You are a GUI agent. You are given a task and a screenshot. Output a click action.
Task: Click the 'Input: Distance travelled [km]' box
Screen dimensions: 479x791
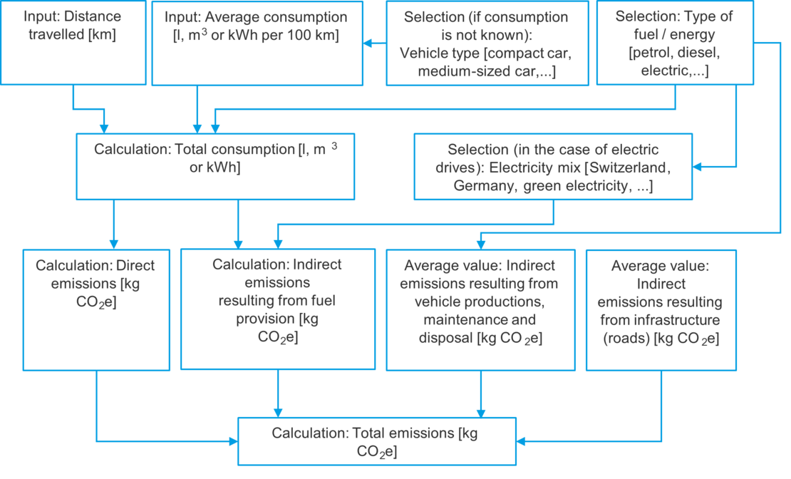click(x=73, y=43)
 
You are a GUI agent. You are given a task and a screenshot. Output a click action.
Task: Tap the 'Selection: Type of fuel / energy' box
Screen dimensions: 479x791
click(x=674, y=43)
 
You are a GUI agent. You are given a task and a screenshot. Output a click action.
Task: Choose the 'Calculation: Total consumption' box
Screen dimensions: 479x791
click(x=215, y=166)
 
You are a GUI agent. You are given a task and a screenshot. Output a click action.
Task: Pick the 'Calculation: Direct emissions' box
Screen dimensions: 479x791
click(x=96, y=309)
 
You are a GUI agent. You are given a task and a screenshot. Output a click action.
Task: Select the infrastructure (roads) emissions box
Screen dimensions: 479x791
click(x=661, y=309)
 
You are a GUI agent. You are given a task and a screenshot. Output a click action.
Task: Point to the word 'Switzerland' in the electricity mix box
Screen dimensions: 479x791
click(x=634, y=168)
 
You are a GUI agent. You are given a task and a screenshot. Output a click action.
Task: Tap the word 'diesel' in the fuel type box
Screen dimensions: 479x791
click(x=698, y=53)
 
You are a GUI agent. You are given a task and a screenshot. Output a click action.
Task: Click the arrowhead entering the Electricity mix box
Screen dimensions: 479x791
click(x=696, y=166)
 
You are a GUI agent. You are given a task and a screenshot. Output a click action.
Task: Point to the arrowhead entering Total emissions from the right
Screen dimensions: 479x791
click(x=519, y=441)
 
